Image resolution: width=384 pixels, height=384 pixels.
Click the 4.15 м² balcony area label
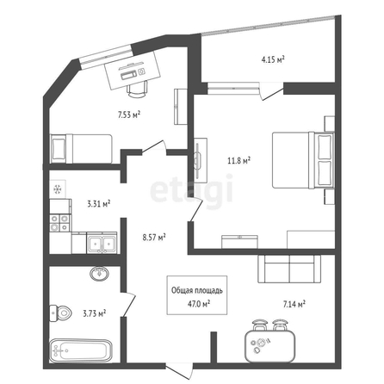coord(272,59)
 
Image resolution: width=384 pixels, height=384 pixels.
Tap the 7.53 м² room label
coord(128,115)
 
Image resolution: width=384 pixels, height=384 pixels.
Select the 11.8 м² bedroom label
coord(238,160)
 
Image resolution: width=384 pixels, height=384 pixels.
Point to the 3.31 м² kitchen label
coord(99,204)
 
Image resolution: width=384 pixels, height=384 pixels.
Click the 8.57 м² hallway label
coord(154,238)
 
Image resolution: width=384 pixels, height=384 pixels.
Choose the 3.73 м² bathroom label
coord(95,313)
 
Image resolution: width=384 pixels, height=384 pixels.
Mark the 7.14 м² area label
coord(294,304)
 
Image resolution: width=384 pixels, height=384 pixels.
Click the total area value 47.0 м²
coord(199,304)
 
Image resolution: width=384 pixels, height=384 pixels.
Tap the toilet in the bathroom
coord(60,313)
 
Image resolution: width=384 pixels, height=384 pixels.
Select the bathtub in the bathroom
coord(81,350)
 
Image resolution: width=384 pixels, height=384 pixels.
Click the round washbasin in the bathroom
coord(99,274)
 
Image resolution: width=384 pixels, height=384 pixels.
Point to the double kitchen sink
coord(102,244)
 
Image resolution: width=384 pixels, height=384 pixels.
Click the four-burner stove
coord(60,223)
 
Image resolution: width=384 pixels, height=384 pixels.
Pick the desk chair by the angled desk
coord(137,89)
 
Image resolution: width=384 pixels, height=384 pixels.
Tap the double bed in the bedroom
coord(303,160)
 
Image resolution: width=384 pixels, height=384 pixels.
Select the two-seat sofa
coord(289,269)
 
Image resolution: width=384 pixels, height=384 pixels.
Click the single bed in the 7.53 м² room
coord(81,149)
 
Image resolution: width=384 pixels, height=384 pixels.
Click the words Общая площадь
coord(197,290)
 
